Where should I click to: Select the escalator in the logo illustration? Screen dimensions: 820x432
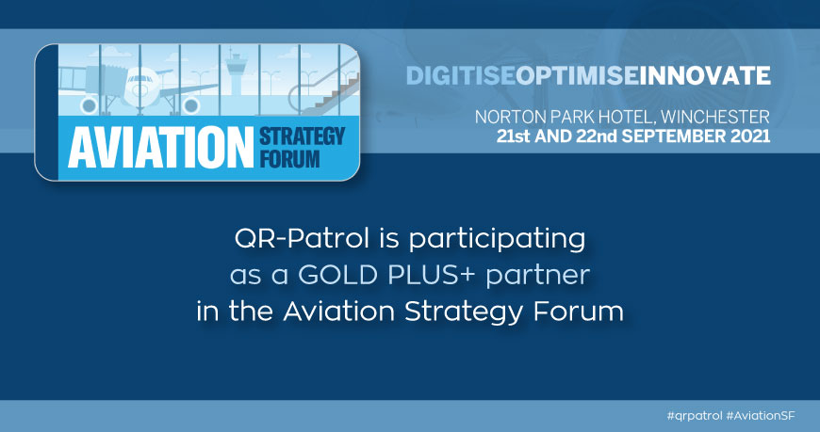(x=324, y=88)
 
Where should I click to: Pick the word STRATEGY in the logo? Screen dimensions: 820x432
(x=303, y=136)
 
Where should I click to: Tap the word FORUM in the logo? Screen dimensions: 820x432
(x=289, y=159)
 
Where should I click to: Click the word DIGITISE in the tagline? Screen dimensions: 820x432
(x=460, y=75)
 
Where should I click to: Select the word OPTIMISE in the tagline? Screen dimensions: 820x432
(x=576, y=75)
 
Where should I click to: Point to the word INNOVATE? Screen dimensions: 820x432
(x=704, y=75)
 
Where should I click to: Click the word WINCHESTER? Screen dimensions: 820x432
(x=714, y=117)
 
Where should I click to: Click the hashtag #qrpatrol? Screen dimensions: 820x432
(x=695, y=416)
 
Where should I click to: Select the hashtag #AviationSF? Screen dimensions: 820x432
(x=761, y=416)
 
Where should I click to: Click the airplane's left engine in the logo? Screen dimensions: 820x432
(x=89, y=105)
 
